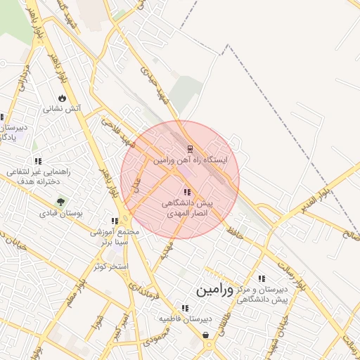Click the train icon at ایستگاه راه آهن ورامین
pos(188,149)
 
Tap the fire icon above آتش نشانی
pos(62,98)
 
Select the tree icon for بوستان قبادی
pos(60,202)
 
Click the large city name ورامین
pos(215,289)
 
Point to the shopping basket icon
pos(205,335)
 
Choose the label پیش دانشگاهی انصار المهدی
pos(187,207)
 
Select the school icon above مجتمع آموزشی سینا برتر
pos(115,221)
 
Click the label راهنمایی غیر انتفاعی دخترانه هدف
pos(35,176)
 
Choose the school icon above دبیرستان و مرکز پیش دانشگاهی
pos(262,279)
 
